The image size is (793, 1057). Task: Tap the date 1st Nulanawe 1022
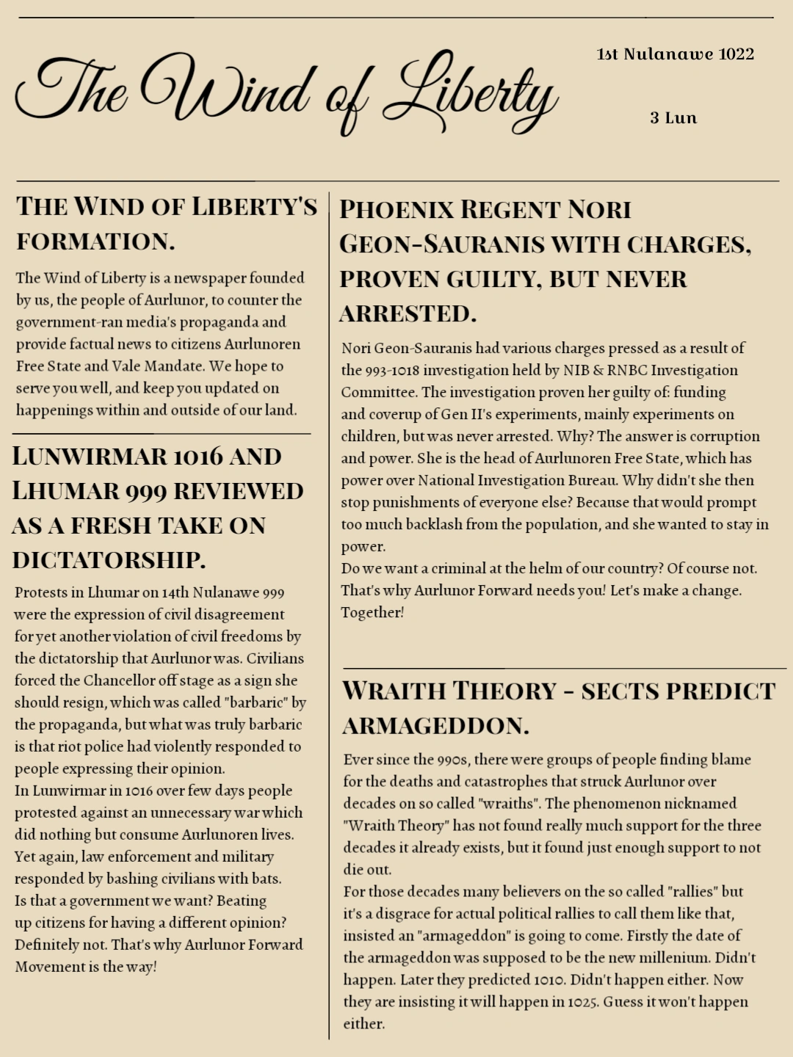pos(676,54)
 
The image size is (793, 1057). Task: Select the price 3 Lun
pos(673,118)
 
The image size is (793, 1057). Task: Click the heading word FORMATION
pos(96,241)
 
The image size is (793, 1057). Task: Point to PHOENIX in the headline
pos(396,210)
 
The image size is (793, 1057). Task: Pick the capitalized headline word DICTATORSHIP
pos(109,560)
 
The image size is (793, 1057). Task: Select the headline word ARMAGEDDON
pos(435,727)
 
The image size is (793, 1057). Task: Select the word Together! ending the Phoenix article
pos(372,613)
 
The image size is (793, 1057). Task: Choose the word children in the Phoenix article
pos(368,437)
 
